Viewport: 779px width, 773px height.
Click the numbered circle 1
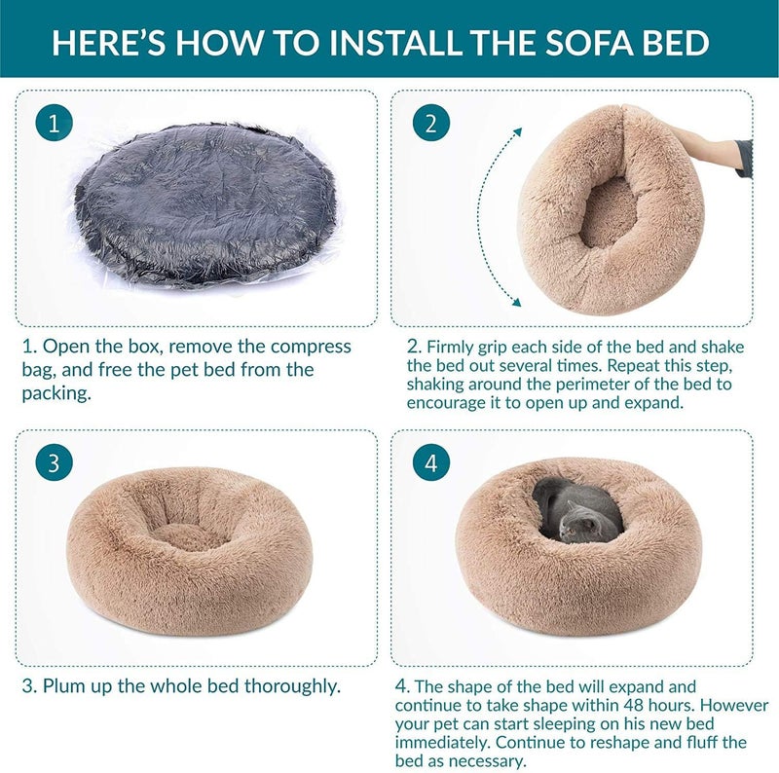(x=54, y=123)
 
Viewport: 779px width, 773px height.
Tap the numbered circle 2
(x=431, y=123)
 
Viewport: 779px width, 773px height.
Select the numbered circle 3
(x=54, y=462)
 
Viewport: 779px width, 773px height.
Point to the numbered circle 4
(x=431, y=462)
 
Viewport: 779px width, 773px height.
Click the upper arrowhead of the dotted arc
(x=518, y=131)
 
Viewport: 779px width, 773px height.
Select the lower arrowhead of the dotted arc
(x=517, y=302)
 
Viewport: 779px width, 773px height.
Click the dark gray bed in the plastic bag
(x=204, y=203)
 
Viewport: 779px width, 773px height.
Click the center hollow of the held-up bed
(x=609, y=211)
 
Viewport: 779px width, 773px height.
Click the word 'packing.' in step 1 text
(x=56, y=393)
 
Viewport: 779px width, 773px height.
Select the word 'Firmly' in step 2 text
(x=450, y=347)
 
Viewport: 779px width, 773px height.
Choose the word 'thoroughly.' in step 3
(x=293, y=687)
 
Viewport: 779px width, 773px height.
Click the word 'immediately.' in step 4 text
(x=444, y=742)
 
